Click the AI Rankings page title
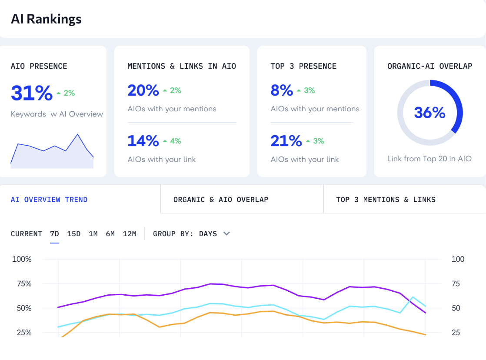tap(46, 19)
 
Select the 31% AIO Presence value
tap(31, 93)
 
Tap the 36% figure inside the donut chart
tap(429, 113)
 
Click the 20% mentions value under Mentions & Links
tap(143, 90)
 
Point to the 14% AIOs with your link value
tap(143, 141)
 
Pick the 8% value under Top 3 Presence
tap(282, 90)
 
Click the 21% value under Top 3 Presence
tap(286, 141)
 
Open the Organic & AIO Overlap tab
tap(221, 200)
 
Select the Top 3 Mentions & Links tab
tap(386, 200)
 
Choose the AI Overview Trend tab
tap(49, 200)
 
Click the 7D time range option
tap(54, 234)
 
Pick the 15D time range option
tap(74, 234)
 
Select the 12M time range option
tap(130, 234)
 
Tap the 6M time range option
tap(110, 234)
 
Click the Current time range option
tap(27, 234)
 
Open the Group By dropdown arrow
tap(226, 233)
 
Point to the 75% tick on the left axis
tap(22, 284)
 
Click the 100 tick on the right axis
tap(458, 259)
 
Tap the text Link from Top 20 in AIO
tap(429, 159)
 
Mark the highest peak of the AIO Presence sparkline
tap(78, 134)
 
